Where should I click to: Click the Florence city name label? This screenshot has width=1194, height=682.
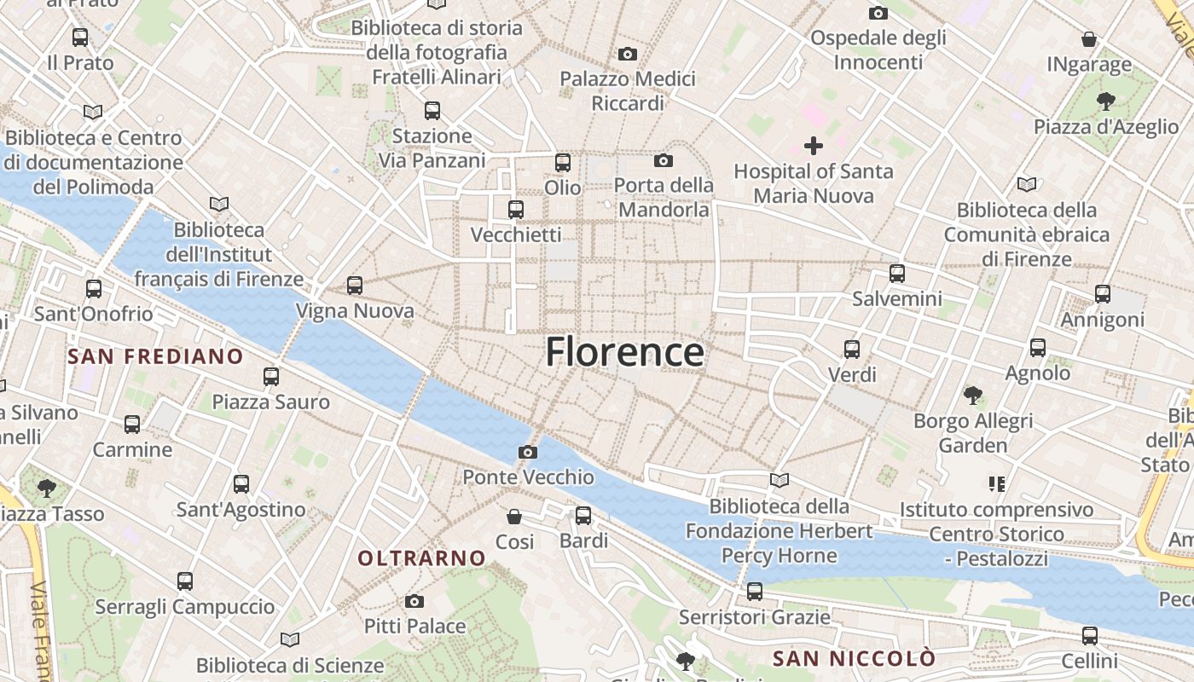pos(624,351)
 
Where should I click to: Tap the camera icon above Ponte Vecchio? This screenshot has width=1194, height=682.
pos(528,452)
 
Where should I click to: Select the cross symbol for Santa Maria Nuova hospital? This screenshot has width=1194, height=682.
pos(814,146)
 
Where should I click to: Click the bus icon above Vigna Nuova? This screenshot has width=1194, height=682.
pos(355,286)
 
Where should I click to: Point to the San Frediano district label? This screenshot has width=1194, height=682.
pos(155,356)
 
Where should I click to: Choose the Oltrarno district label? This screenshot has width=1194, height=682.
pos(421,558)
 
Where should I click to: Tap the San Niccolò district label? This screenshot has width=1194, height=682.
pos(854,658)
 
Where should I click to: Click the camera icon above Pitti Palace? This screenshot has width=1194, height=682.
pos(414,602)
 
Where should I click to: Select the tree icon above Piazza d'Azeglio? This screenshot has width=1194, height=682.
pos(1105,101)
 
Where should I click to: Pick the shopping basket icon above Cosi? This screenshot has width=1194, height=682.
pos(514,517)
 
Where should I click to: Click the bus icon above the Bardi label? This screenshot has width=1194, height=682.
pos(583,515)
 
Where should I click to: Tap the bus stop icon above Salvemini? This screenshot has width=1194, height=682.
pos(897,274)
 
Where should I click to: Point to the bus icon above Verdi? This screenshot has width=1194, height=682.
pos(852,349)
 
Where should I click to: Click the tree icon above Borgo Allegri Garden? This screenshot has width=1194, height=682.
pos(972,395)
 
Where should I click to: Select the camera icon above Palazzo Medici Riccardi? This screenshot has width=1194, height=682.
pos(628,54)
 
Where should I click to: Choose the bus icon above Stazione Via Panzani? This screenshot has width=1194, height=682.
pos(432,110)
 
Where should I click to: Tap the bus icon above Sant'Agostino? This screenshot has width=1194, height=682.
pos(241,484)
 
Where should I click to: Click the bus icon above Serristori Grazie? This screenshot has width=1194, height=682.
pos(754,591)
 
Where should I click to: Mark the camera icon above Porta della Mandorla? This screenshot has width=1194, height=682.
pos(664,160)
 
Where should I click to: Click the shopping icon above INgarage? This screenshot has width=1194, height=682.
pos(1089,39)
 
